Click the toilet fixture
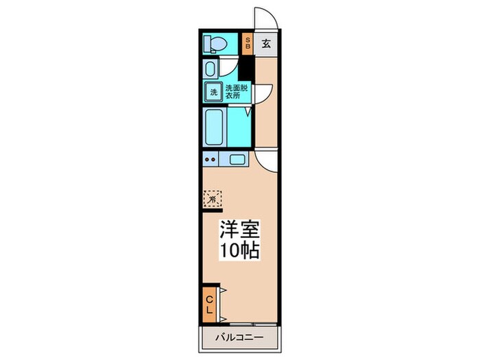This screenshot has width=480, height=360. pyautogui.click(x=215, y=44)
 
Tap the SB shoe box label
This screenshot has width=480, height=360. pyautogui.click(x=248, y=44)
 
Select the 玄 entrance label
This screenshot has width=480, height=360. pyautogui.click(x=267, y=44)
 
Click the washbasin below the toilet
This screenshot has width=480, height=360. pyautogui.click(x=211, y=69)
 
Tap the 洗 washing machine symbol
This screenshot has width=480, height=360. pyautogui.click(x=213, y=92)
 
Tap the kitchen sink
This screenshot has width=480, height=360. pyautogui.click(x=238, y=160)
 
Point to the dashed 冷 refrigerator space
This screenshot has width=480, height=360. pyautogui.click(x=213, y=198)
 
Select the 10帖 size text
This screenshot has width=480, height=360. pyautogui.click(x=239, y=250)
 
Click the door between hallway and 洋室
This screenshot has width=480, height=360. pyautogui.click(x=267, y=160)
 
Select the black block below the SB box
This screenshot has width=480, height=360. pyautogui.click(x=248, y=69)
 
